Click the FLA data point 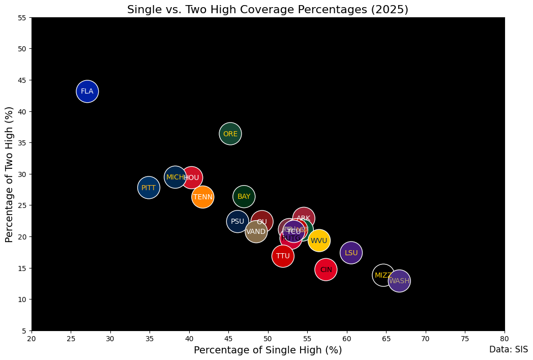point(87,92)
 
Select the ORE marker point(230,134)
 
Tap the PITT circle point(149,188)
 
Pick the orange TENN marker point(203,197)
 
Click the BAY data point point(244,196)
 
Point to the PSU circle point(238,221)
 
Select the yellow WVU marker point(319,241)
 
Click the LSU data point point(351,253)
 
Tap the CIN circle point(326,269)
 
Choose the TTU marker point(283,256)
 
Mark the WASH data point point(399,281)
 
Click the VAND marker point(256,232)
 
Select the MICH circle point(175,177)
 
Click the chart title point(268,10)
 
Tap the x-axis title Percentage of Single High point(268,350)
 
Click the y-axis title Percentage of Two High point(9,174)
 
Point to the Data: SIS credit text point(509,349)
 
